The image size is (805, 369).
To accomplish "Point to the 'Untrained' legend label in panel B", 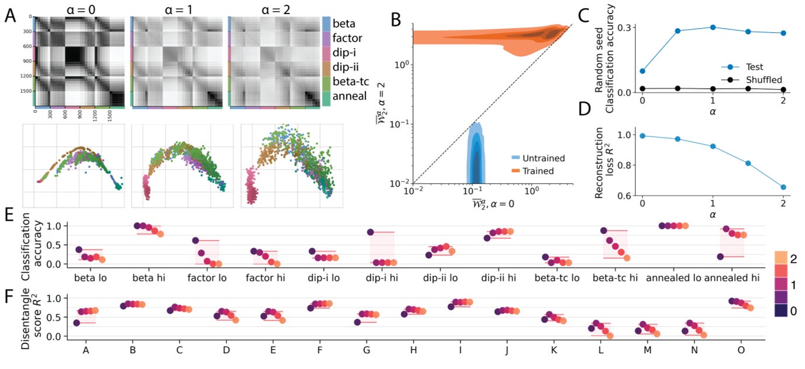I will (522, 157).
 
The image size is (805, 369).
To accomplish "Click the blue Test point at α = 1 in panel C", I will (713, 28).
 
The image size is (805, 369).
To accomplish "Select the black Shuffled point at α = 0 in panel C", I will (642, 88).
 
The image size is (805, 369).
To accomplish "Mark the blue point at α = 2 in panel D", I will (783, 187).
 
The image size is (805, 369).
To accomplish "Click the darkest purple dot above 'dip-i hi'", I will (371, 233).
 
